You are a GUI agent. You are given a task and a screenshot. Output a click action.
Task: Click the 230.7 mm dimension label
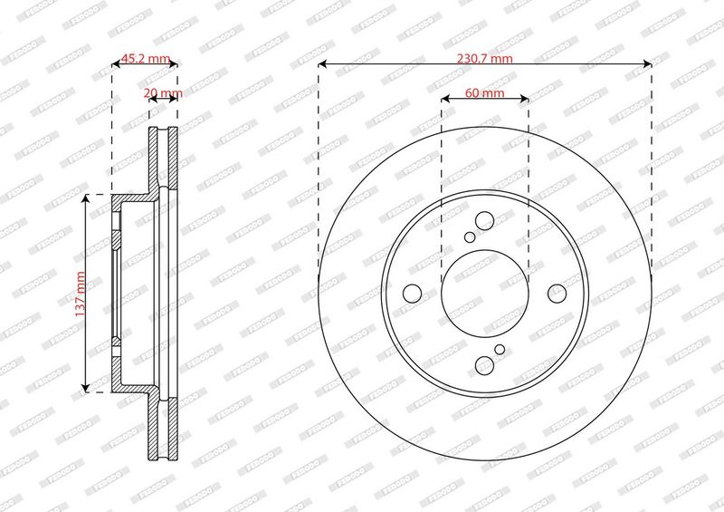pyautogui.click(x=484, y=59)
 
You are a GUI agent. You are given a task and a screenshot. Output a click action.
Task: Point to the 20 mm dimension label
pyautogui.click(x=163, y=93)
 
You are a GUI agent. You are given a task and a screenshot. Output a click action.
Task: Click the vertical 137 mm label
pyautogui.click(x=81, y=295)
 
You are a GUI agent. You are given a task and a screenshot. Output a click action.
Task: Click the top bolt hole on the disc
pyautogui.click(x=484, y=221)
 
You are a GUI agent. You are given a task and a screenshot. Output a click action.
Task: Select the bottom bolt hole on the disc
pyautogui.click(x=484, y=365)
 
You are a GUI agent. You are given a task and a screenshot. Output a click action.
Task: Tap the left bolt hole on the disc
pyautogui.click(x=413, y=294)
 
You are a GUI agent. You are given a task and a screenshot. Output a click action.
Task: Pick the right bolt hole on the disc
pyautogui.click(x=557, y=294)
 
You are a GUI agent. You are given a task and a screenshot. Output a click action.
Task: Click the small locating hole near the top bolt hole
pyautogui.click(x=470, y=237)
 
